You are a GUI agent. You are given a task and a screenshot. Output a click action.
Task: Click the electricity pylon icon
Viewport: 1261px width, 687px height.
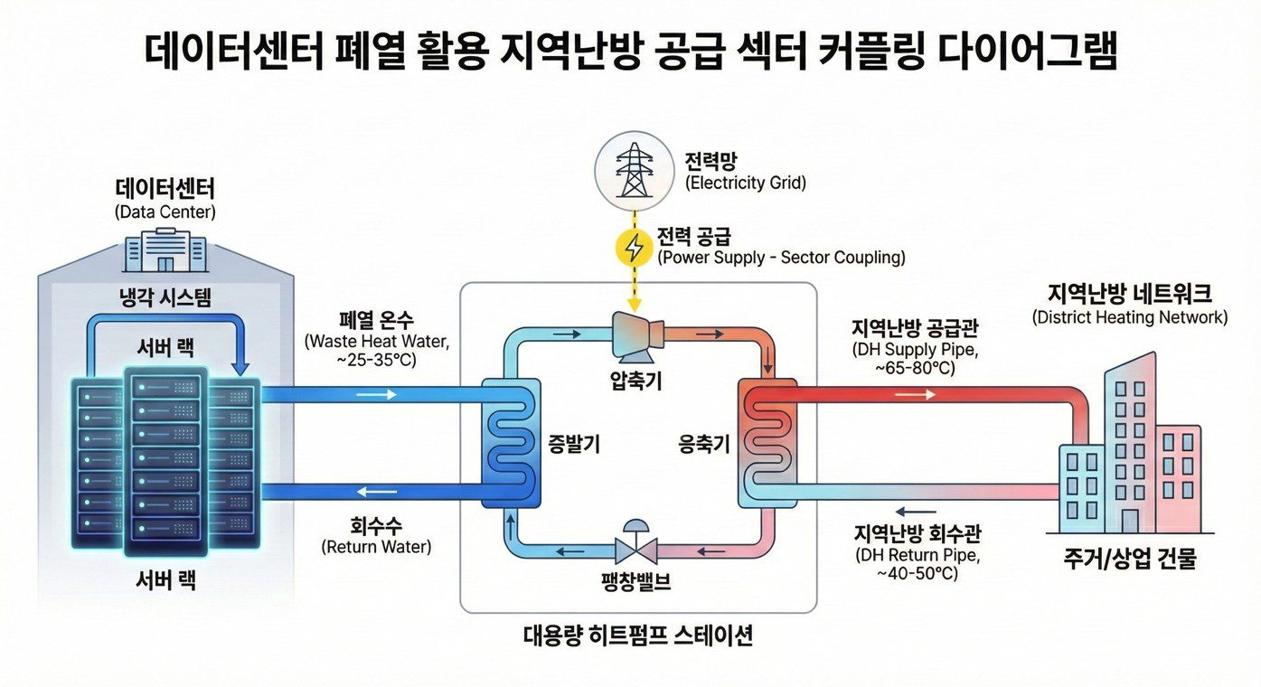(x=632, y=169)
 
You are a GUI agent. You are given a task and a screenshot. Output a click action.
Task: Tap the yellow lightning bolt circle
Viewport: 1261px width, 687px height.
(x=632, y=246)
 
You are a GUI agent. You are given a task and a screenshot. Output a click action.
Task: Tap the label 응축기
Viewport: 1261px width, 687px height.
(x=704, y=444)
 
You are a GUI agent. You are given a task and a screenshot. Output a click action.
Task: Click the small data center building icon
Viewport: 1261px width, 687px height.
(x=165, y=249)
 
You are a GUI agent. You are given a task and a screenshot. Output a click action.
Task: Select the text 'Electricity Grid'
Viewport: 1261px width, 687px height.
(x=746, y=184)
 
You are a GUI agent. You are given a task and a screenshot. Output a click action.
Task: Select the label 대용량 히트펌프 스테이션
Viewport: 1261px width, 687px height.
(x=638, y=635)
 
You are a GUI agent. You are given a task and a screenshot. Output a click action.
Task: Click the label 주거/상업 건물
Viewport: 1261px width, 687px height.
(x=1130, y=560)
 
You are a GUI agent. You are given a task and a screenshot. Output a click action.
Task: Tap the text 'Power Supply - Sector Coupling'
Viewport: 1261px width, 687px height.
(x=781, y=258)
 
